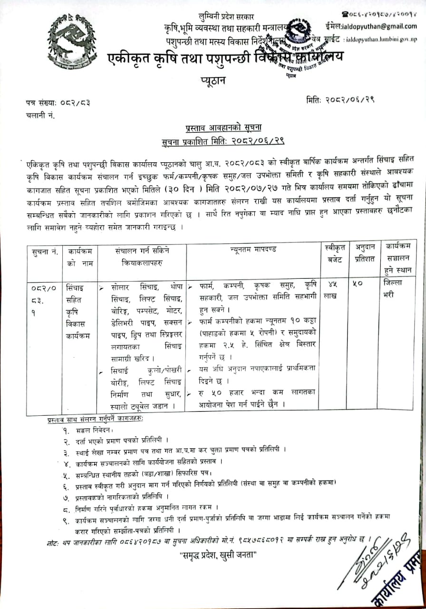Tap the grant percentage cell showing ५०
click(x=358, y=284)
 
